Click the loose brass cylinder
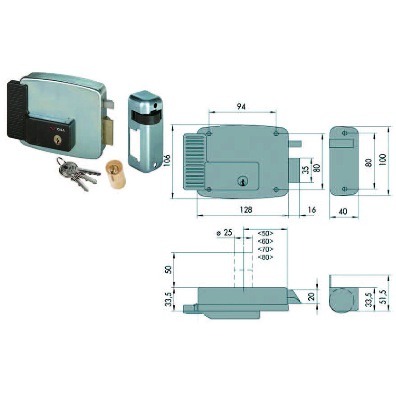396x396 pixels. tap(115, 173)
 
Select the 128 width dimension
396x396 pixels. tap(246, 210)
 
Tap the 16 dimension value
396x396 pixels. tap(312, 210)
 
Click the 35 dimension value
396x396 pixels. tap(306, 170)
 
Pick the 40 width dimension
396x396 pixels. tap(342, 211)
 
